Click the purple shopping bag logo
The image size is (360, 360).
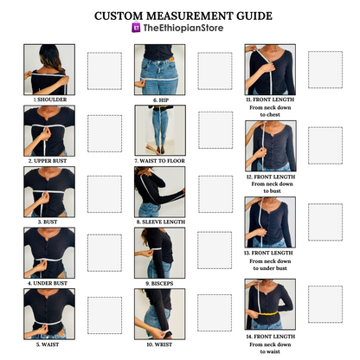click(136, 28)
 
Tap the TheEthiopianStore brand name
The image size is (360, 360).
click(183, 28)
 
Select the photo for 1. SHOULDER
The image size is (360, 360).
click(49, 69)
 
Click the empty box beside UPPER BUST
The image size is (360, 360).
click(105, 133)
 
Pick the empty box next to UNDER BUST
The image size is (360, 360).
click(105, 253)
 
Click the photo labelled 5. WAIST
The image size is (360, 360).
click(49, 314)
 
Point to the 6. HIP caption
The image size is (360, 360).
click(161, 100)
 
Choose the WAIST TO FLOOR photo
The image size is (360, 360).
click(160, 131)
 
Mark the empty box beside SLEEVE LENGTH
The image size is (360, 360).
click(215, 194)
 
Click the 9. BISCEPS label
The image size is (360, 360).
click(159, 284)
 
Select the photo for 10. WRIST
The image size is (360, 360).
click(160, 314)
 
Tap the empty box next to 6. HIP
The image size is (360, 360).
click(215, 71)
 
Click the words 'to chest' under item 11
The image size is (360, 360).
click(270, 114)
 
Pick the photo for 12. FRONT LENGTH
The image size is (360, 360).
click(271, 146)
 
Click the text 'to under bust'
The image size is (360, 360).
click(270, 268)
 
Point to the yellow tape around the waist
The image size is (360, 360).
click(268, 312)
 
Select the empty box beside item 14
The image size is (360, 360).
click(325, 305)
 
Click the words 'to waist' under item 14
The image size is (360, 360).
click(270, 351)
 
